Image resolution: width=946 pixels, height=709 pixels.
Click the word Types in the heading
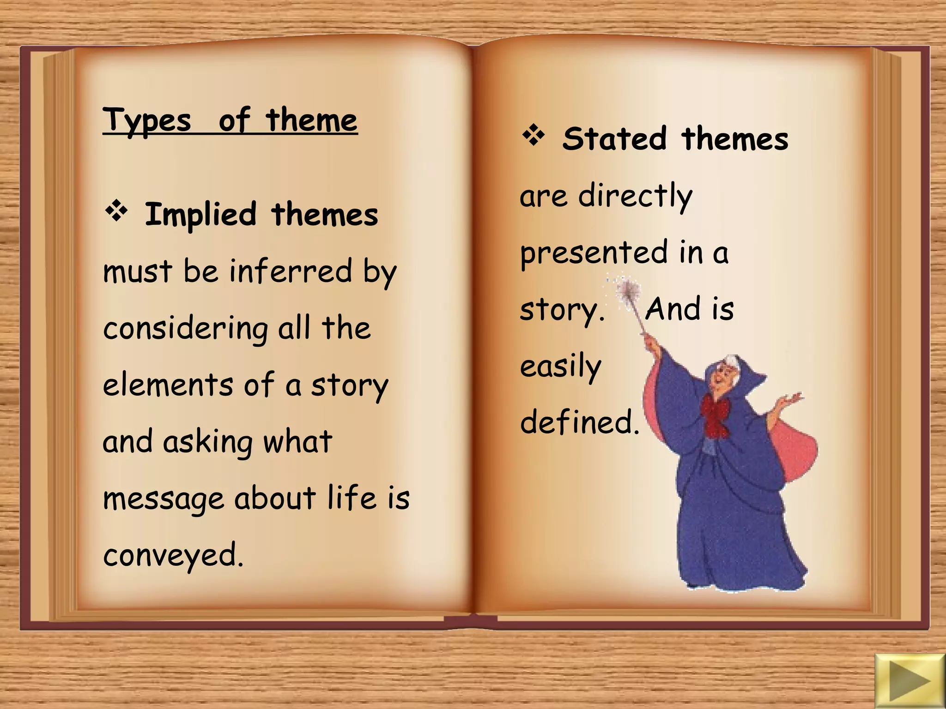click(x=146, y=121)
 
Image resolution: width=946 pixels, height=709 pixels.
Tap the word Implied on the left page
click(x=200, y=215)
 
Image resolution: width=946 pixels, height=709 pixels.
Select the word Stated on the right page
click(x=615, y=139)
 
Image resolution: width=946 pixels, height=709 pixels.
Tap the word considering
click(x=185, y=329)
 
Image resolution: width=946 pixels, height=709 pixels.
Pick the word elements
click(x=168, y=385)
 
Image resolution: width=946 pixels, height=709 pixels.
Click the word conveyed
click(x=172, y=555)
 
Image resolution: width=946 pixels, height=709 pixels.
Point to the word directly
click(x=635, y=196)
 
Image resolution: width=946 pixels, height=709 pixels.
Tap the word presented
click(x=594, y=253)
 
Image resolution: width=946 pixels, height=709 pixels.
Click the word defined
click(x=579, y=422)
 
